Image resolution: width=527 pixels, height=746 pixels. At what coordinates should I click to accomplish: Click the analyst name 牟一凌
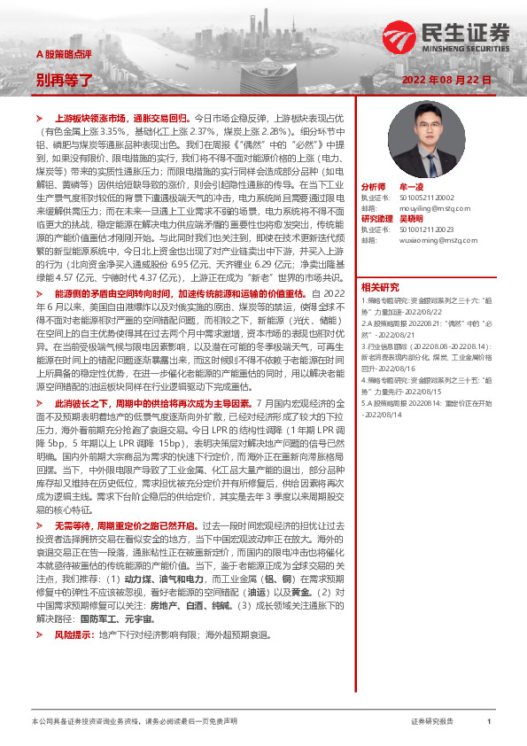click(412, 188)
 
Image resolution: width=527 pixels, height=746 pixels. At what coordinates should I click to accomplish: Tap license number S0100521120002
click(420, 198)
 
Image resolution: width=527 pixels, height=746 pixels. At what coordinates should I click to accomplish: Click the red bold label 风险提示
click(73, 635)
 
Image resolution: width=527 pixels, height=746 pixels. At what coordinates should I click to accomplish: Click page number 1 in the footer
click(489, 722)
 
